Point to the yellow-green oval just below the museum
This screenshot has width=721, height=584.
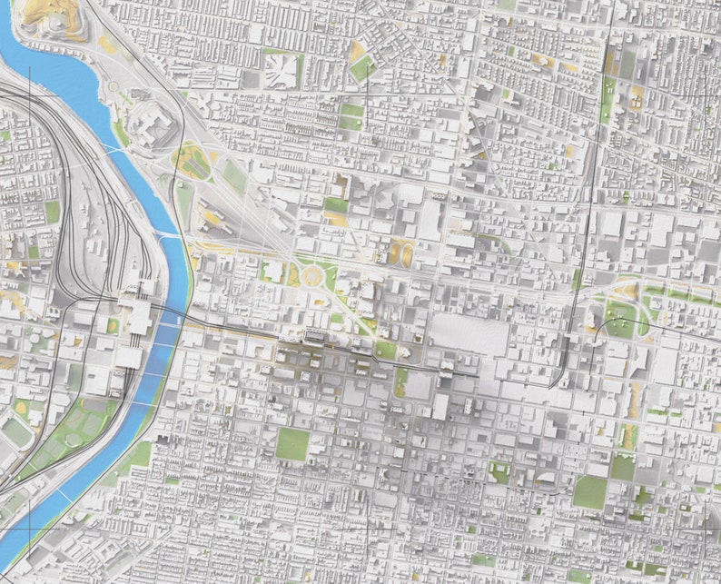point(193,162)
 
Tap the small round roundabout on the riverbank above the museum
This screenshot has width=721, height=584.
point(115,88)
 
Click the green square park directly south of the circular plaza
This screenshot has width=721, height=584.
point(292,443)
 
